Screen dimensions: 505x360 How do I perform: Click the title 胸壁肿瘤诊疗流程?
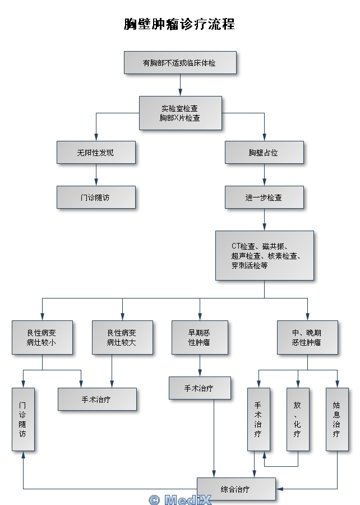coord(179,24)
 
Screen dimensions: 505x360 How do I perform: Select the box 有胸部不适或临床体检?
coord(179,63)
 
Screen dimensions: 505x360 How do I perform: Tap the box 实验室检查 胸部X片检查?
coord(180,113)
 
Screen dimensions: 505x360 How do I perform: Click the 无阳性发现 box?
coord(96,152)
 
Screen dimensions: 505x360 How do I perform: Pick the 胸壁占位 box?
coord(264,152)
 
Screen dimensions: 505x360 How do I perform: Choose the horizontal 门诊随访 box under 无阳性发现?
coord(96,198)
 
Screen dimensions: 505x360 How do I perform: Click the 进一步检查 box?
coord(264,198)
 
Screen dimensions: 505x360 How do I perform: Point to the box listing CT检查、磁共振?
coord(264,255)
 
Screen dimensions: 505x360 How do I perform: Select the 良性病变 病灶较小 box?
coord(42,337)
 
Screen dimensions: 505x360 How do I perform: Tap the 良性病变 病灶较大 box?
coord(122,337)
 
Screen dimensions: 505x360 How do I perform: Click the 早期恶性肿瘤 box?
coord(200,337)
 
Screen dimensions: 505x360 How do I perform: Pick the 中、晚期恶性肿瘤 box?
coord(307,337)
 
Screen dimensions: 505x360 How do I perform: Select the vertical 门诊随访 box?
coord(23,419)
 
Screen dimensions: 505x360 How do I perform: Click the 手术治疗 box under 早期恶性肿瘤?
coord(200,388)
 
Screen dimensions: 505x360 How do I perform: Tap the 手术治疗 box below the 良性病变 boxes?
coord(97,399)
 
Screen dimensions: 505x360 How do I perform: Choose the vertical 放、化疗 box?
coord(298,419)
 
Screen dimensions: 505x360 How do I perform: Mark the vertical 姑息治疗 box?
coord(337,419)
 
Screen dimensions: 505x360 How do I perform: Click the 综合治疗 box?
coord(236,489)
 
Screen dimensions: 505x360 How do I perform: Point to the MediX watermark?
coord(180,499)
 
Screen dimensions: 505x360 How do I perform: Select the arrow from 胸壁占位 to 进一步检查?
coord(264,175)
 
